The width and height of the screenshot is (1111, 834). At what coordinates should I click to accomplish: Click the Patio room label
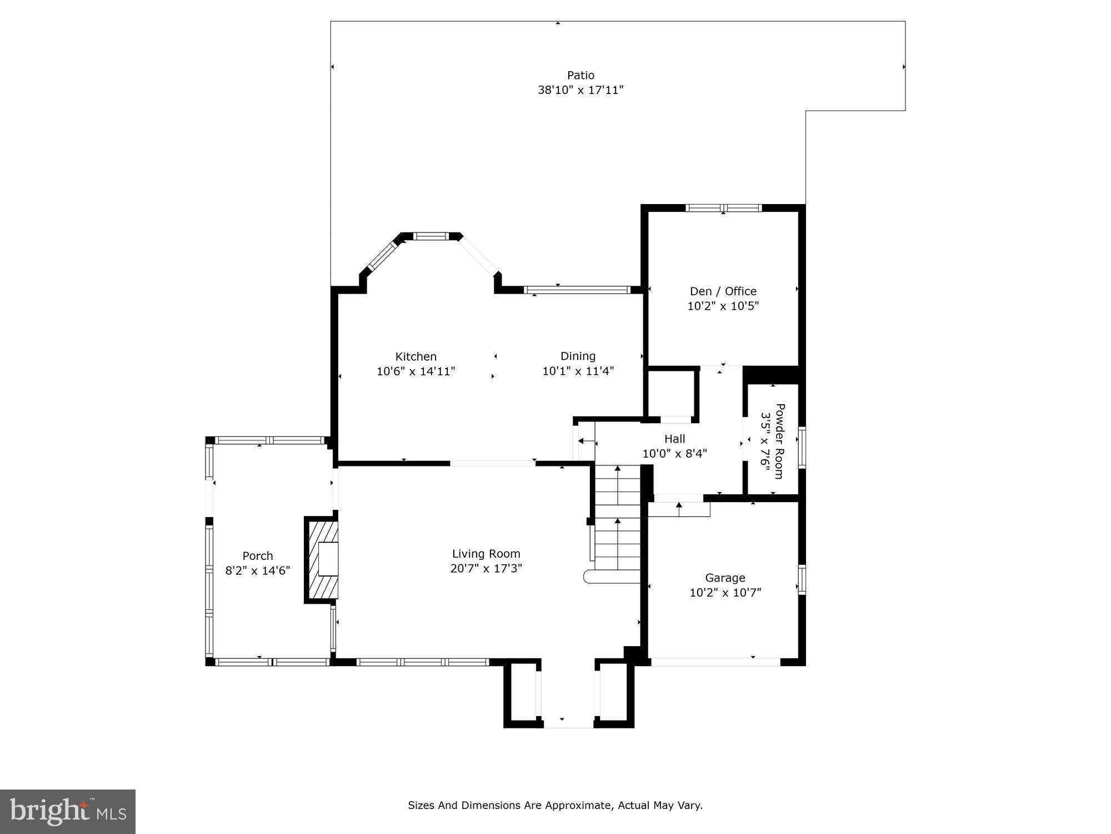(x=580, y=75)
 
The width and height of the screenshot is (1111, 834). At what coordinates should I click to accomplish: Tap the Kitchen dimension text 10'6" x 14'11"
(x=416, y=371)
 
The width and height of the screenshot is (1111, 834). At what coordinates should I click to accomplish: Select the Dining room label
(x=578, y=356)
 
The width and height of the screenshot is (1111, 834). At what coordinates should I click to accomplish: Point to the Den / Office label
(x=723, y=291)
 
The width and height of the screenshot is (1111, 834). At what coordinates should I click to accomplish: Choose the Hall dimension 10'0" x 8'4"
(x=674, y=454)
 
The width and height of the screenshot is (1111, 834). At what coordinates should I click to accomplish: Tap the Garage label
(x=725, y=578)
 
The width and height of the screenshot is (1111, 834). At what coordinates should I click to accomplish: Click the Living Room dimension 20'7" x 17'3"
(x=486, y=568)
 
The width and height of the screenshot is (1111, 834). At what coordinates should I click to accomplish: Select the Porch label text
(x=258, y=555)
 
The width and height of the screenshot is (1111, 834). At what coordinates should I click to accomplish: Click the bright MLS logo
(x=68, y=811)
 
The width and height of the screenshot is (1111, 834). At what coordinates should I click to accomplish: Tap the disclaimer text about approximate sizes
(x=555, y=805)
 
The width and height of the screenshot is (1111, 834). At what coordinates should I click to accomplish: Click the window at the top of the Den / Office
(x=723, y=208)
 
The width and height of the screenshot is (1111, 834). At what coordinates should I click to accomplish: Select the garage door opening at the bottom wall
(x=715, y=662)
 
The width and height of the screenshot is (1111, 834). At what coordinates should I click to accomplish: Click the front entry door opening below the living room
(x=568, y=723)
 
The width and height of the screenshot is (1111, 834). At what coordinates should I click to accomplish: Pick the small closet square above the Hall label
(x=671, y=392)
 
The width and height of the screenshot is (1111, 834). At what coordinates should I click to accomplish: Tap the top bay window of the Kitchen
(x=431, y=236)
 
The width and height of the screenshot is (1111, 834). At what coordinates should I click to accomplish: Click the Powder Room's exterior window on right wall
(x=802, y=447)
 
